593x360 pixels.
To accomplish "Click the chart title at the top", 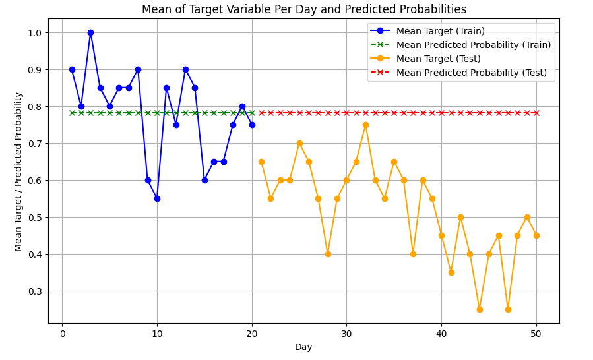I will pyautogui.click(x=303, y=9).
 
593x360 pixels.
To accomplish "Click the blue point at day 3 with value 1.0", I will pyautogui.click(x=90, y=32).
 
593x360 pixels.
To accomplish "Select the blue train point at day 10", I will pyautogui.click(x=157, y=198).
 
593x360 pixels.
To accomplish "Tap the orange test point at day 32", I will pyautogui.click(x=365, y=125).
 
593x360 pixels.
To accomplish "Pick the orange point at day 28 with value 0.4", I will pyautogui.click(x=328, y=254).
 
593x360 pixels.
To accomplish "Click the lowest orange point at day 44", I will pyautogui.click(x=480, y=309).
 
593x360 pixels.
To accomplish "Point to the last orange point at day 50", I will pyautogui.click(x=536, y=235).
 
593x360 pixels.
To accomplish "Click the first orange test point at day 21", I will pyautogui.click(x=261, y=162).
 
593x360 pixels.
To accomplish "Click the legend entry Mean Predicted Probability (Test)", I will pyautogui.click(x=471, y=73).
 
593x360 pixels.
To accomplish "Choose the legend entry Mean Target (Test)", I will pyautogui.click(x=438, y=59).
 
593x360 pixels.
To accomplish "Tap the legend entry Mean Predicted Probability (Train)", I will pyautogui.click(x=473, y=45).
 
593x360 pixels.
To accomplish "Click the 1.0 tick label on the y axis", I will pyautogui.click(x=34, y=33).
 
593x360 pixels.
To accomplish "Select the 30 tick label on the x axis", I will pyautogui.click(x=346, y=333).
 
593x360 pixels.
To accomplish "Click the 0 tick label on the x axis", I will pyautogui.click(x=62, y=333).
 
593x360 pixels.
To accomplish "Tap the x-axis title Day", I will pyautogui.click(x=303, y=347).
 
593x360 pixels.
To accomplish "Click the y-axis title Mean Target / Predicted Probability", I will pyautogui.click(x=18, y=171).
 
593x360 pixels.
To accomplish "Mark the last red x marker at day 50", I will pyautogui.click(x=536, y=113).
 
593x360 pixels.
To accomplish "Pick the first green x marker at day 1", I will pyautogui.click(x=72, y=113).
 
